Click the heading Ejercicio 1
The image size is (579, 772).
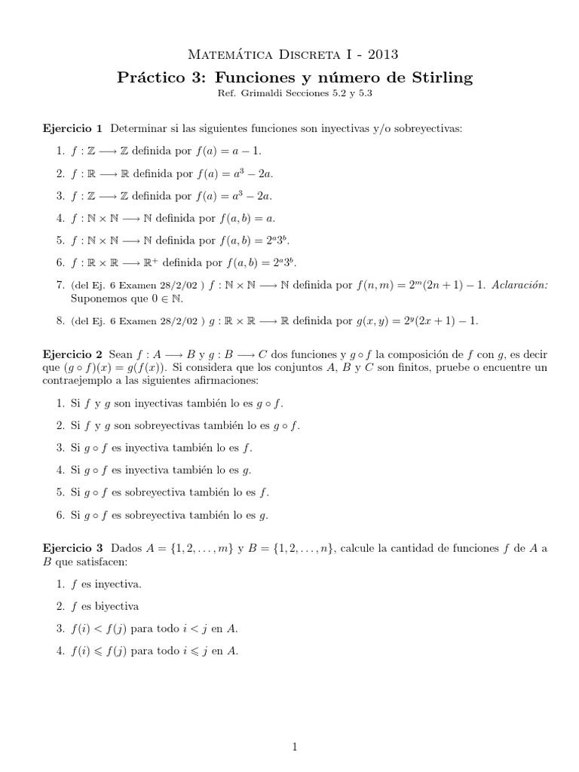(x=70, y=129)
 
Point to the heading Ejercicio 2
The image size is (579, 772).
(x=70, y=354)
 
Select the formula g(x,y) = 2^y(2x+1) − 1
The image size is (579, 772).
(x=417, y=320)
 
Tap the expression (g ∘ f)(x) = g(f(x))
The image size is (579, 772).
(x=119, y=368)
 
